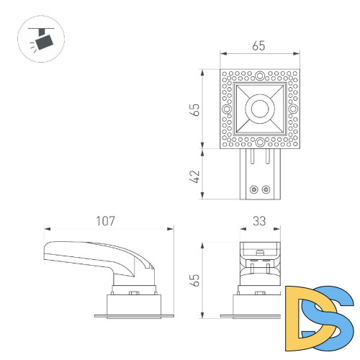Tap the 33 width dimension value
click(259, 220)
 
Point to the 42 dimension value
click(194, 175)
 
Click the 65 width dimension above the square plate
click(259, 45)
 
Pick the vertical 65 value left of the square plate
click(194, 110)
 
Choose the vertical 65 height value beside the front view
click(194, 280)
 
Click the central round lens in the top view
click(259, 110)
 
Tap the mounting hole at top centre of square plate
click(259, 74)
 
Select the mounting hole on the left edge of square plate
click(226, 110)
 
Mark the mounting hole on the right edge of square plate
click(293, 110)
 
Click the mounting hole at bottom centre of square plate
click(259, 145)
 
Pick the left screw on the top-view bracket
click(253, 189)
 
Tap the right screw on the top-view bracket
click(266, 189)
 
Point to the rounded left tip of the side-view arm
click(46, 252)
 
